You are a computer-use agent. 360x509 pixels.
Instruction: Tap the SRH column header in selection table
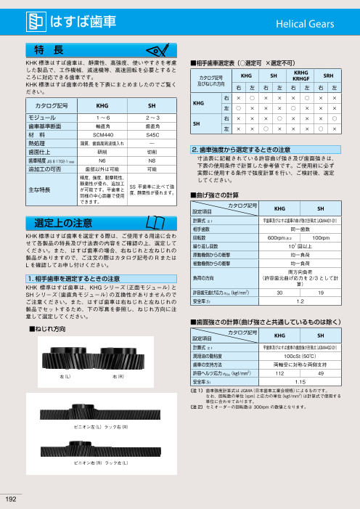point(327,75)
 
